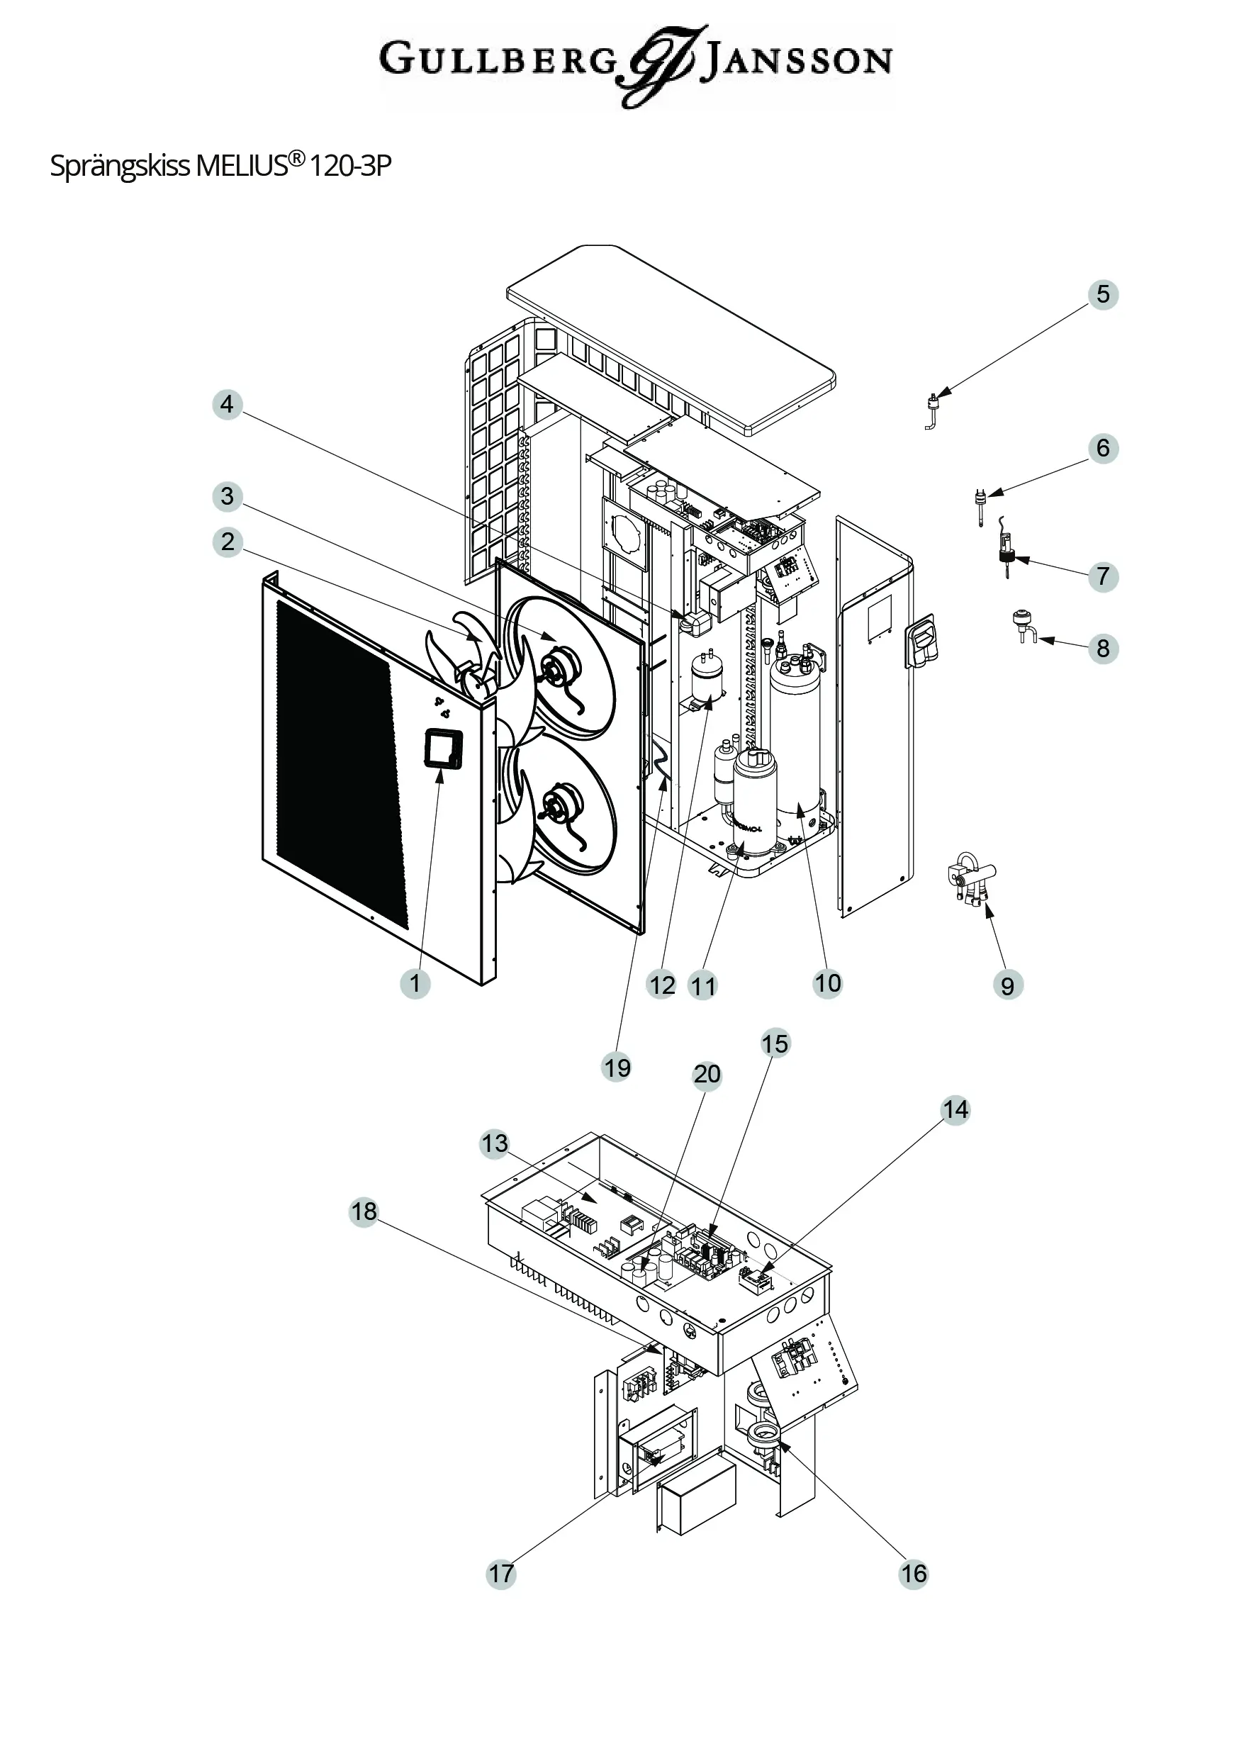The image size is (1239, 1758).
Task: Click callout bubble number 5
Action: [1103, 294]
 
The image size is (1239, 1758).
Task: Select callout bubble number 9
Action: [1008, 985]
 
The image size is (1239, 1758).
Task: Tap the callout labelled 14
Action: [955, 1109]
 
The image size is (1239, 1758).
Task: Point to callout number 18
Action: [364, 1211]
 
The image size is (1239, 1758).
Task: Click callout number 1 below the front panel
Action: [415, 983]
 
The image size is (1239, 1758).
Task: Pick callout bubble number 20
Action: [707, 1074]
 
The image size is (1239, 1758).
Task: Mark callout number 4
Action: [227, 403]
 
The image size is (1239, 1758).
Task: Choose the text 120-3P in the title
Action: [351, 165]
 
